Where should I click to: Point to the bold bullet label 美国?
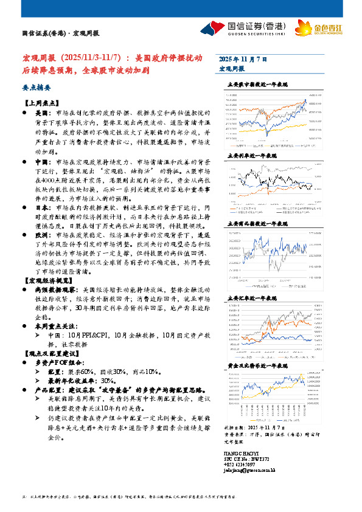[40, 113]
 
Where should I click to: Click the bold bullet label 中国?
[40, 163]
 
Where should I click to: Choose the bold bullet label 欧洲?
[40, 234]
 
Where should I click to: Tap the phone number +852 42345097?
[237, 465]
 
